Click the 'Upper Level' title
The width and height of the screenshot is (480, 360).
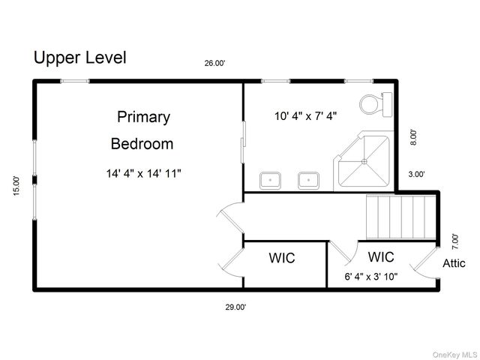pos(80,58)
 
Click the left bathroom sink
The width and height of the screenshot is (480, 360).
pos(270,181)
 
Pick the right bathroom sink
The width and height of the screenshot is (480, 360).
pos(308,181)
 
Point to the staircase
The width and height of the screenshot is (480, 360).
pos(401,217)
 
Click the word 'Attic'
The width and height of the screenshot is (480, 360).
pos(454,263)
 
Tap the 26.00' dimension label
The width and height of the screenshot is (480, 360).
pos(214,63)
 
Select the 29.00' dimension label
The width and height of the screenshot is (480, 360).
pos(235,307)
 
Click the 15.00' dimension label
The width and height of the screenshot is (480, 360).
pos(16,186)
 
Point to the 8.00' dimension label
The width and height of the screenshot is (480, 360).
pos(413,137)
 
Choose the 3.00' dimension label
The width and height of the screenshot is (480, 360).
pos(416,174)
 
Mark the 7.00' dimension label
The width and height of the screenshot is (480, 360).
pos(455,241)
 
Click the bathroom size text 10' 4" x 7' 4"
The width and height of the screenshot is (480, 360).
pos(305,116)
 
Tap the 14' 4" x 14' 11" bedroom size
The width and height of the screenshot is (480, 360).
pos(143,173)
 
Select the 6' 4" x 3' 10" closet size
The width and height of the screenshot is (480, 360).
pos(371,277)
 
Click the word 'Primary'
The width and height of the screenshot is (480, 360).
pos(143,117)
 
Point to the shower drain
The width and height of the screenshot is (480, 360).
pos(364,162)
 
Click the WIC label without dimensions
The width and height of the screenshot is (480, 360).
pos(282,258)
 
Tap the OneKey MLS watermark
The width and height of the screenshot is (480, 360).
pos(454,355)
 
